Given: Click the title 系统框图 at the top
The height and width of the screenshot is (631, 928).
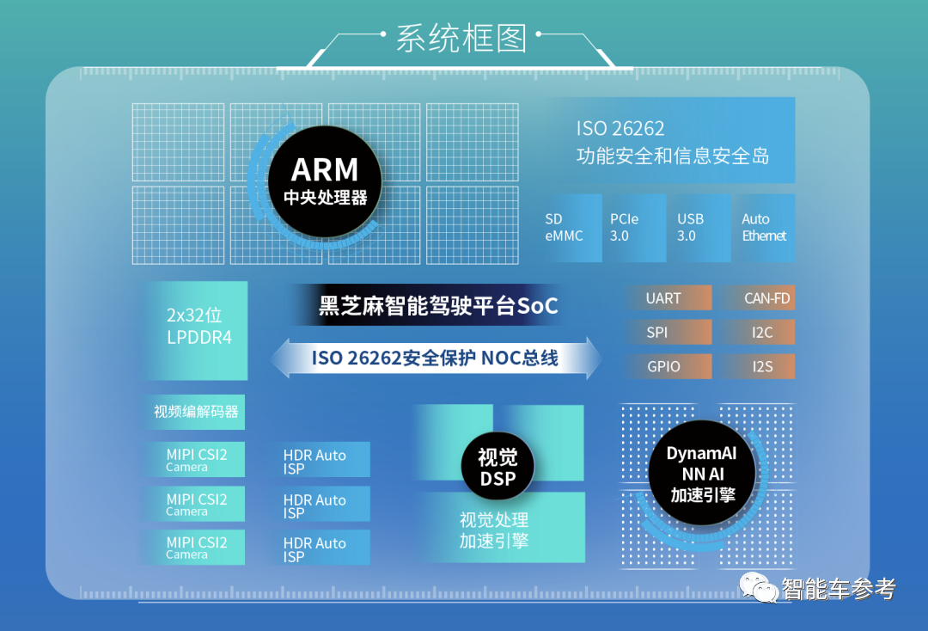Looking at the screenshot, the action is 461,39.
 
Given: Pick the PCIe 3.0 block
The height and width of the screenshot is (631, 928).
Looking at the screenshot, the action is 635,228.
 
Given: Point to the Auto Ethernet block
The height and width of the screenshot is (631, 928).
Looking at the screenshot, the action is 764,228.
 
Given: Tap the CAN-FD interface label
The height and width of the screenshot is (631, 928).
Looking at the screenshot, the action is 757,298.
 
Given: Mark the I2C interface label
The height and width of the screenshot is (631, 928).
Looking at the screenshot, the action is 757,333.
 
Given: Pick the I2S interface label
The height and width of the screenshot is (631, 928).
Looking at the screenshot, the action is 757,366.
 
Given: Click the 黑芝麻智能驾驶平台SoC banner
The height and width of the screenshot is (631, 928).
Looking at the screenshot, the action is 438,305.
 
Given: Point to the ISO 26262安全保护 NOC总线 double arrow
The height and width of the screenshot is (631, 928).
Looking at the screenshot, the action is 436,358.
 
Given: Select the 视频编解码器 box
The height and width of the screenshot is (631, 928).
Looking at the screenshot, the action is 196,412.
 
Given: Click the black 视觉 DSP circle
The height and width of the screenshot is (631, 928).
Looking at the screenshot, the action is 498,468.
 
